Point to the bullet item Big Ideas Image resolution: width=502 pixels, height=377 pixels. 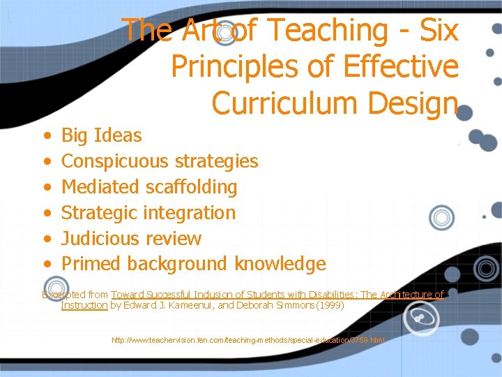[x=101, y=135]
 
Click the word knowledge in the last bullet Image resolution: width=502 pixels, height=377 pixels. [x=280, y=264]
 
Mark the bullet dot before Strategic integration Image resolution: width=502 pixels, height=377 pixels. [x=46, y=213]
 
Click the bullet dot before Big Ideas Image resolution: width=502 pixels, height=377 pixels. [x=46, y=135]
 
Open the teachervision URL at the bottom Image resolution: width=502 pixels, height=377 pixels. [x=248, y=340]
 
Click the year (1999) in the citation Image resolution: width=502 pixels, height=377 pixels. [x=326, y=305]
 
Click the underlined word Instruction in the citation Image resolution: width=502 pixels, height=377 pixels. [x=84, y=305]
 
